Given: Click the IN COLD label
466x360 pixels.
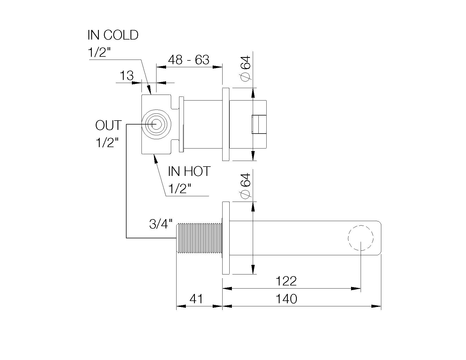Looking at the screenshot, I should coord(113,35).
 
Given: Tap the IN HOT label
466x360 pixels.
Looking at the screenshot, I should coord(189,171).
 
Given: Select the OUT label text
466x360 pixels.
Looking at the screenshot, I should coord(108,126).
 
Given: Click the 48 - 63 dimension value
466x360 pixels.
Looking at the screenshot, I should coord(189,60).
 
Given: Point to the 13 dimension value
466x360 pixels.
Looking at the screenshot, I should coord(127,76).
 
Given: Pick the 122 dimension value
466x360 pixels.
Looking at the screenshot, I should coord(286,281).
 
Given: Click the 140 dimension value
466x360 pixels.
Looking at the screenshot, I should coord(286,299).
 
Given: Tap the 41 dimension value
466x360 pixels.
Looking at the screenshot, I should coord(196,299).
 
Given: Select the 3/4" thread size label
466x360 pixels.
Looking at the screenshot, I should coord(160,224).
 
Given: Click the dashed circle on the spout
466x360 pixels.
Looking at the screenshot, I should coord(361,238).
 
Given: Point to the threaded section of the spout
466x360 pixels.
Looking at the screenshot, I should coord(199,238).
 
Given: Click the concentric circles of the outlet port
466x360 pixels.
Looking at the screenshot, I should coord(156,124).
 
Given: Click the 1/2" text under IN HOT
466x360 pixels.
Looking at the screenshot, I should coord(180,188).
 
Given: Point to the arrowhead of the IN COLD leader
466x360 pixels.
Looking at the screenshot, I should coord(149,90).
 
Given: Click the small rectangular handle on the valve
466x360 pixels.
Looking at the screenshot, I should coord(259,124).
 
